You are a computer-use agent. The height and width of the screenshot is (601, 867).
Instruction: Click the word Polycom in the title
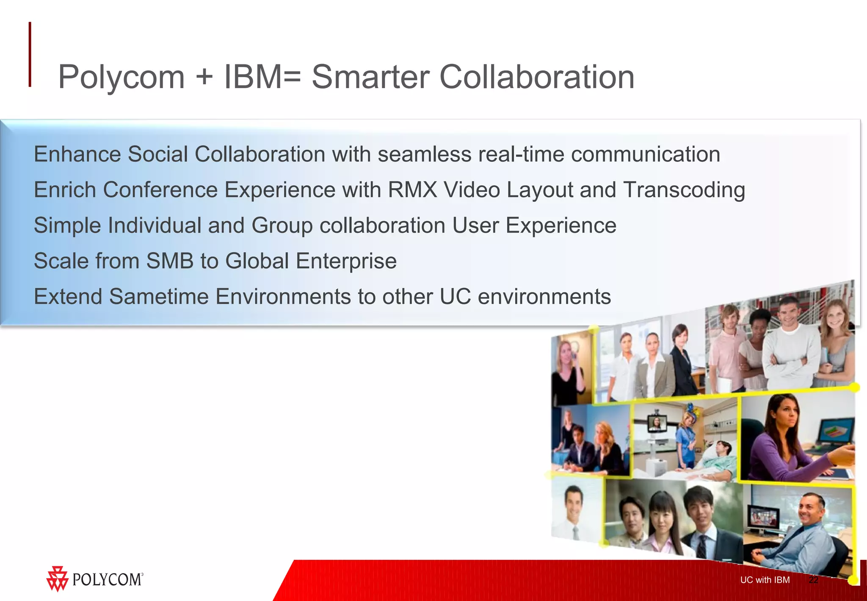[x=121, y=77]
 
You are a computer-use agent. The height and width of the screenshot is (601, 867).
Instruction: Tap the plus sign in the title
[x=204, y=78]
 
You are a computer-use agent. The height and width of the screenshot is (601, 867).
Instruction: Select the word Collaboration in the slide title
[x=536, y=77]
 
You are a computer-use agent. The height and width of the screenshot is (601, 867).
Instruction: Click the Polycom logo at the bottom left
[x=95, y=579]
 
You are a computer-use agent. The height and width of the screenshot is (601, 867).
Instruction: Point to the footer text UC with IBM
[x=765, y=580]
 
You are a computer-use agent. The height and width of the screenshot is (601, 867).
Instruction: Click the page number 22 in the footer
[x=813, y=580]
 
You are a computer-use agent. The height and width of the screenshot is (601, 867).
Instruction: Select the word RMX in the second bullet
[x=412, y=189]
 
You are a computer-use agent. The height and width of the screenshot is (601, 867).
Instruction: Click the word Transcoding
[x=684, y=190]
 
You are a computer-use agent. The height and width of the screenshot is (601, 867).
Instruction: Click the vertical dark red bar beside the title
[x=30, y=54]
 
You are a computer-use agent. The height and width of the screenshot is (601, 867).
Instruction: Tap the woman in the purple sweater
[x=783, y=441]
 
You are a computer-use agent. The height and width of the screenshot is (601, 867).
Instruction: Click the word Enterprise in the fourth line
[x=346, y=261]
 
